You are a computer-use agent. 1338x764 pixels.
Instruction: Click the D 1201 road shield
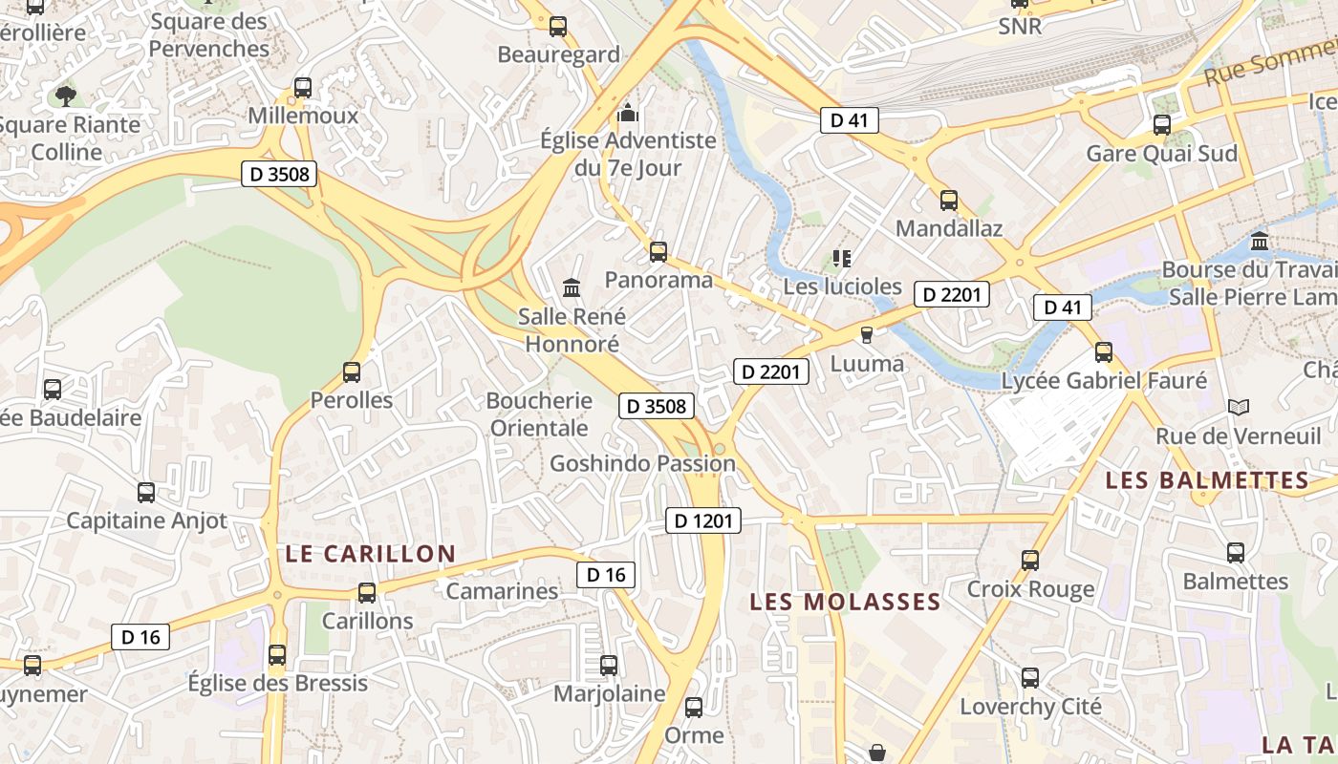(x=702, y=520)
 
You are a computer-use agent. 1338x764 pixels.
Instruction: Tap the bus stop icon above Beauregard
(x=558, y=27)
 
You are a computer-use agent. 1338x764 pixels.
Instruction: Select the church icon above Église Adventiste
(x=628, y=113)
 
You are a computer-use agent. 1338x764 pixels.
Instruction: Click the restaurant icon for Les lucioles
(x=842, y=258)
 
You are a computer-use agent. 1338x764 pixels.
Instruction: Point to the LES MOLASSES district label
(x=845, y=602)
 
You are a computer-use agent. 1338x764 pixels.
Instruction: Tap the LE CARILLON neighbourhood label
(x=371, y=554)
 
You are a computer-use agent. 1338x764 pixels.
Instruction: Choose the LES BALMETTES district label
(x=1206, y=480)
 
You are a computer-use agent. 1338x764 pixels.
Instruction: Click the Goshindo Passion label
(x=642, y=464)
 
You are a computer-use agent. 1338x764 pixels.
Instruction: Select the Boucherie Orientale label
(x=539, y=414)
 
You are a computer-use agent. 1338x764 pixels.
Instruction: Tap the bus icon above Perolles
(x=352, y=372)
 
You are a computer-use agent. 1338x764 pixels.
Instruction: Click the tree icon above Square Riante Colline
(x=66, y=95)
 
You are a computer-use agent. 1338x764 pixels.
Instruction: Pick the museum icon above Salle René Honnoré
(x=572, y=287)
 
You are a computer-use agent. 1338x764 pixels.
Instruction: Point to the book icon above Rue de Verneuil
(x=1239, y=408)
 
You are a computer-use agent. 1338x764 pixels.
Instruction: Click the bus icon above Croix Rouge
(x=1030, y=561)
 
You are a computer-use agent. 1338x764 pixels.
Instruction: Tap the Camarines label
(x=502, y=591)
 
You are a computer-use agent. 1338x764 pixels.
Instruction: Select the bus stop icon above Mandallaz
(x=949, y=201)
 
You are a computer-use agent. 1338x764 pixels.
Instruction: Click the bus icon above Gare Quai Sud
(x=1162, y=125)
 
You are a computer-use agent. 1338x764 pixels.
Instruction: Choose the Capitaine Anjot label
(x=146, y=520)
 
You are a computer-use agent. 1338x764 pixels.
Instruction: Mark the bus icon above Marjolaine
(x=609, y=666)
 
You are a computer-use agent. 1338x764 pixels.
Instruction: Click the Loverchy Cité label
(x=1030, y=707)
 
